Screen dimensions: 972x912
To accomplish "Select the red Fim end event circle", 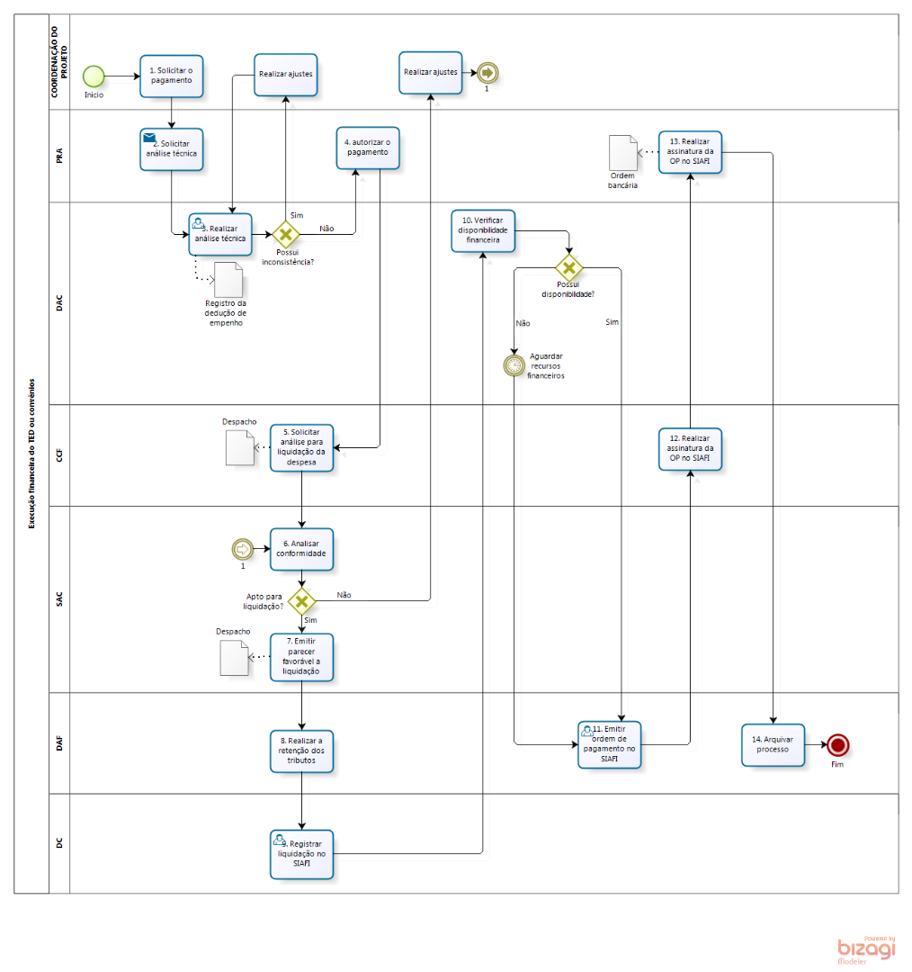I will pyautogui.click(x=838, y=744).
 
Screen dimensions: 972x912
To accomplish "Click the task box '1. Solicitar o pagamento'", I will pyautogui.click(x=171, y=76).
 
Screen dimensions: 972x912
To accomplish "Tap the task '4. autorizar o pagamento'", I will pyautogui.click(x=367, y=147).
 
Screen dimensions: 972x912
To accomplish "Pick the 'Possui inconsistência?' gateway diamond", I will pyautogui.click(x=286, y=235).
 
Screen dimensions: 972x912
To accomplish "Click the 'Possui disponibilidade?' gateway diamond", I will pyautogui.click(x=568, y=267).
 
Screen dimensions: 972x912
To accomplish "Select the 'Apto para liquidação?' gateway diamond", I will pyautogui.click(x=301, y=601).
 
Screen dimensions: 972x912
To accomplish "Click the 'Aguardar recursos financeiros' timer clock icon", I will pyautogui.click(x=514, y=364).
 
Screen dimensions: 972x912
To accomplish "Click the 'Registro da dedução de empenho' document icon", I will pyautogui.click(x=229, y=280).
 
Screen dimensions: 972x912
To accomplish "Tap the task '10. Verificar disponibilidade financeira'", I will pyautogui.click(x=483, y=230).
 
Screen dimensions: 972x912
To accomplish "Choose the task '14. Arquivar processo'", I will pyautogui.click(x=773, y=744).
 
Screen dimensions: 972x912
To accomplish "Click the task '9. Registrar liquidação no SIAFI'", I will pyautogui.click(x=301, y=854).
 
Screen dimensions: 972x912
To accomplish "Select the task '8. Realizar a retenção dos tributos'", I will pyautogui.click(x=301, y=751).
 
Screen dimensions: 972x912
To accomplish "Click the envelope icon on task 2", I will pyautogui.click(x=149, y=138).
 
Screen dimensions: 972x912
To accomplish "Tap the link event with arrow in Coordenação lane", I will pyautogui.click(x=487, y=72).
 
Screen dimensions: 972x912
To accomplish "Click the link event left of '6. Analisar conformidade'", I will pyautogui.click(x=242, y=548).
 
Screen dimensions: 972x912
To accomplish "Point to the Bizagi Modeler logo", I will pyautogui.click(x=865, y=949).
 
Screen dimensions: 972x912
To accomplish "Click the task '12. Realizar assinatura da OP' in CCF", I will pyautogui.click(x=690, y=449).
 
